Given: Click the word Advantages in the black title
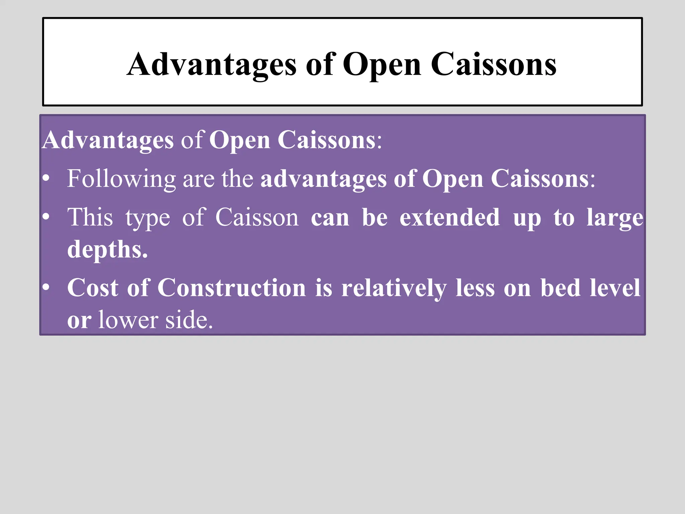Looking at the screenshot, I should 211,65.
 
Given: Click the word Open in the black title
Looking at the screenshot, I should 382,65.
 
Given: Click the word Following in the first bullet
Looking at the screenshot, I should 121,179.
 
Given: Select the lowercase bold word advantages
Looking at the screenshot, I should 323,179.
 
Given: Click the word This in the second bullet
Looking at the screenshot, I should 90,218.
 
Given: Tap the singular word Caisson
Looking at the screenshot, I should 257,218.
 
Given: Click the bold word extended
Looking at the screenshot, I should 450,218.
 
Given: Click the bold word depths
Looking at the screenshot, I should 107,250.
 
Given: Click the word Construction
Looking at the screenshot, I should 231,288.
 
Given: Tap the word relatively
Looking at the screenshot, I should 394,288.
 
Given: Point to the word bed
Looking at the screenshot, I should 560,288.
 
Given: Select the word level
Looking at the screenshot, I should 615,288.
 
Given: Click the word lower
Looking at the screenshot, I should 128,320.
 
